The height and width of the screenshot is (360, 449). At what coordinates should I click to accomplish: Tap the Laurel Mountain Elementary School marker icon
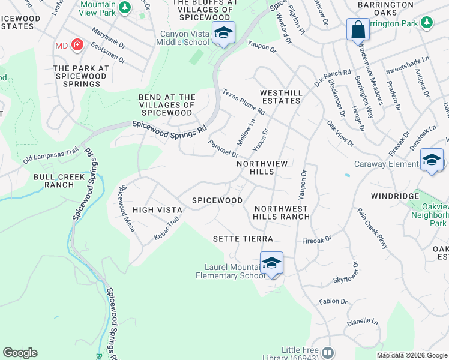(x=271, y=263)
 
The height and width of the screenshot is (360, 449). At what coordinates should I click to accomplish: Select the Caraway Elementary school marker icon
(x=432, y=160)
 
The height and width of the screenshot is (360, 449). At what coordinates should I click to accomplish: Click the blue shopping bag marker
(x=358, y=29)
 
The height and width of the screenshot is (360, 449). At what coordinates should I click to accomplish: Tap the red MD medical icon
(x=77, y=45)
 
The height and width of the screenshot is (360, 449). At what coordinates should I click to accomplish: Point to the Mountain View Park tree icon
(x=124, y=8)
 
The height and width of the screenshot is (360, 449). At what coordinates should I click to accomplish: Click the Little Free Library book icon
(x=327, y=352)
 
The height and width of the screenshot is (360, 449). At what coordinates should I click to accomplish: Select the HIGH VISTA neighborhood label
(x=157, y=209)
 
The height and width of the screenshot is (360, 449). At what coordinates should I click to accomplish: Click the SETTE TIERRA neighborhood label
(x=243, y=239)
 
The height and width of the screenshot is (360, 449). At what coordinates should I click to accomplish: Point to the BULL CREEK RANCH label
(x=54, y=181)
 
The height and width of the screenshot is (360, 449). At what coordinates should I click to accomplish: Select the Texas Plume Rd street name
(x=244, y=102)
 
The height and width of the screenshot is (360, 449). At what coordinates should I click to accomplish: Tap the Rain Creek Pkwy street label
(x=372, y=228)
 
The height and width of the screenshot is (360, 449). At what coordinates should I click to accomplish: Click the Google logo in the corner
(x=20, y=353)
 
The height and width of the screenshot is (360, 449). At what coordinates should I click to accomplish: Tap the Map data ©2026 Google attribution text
(x=412, y=355)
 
